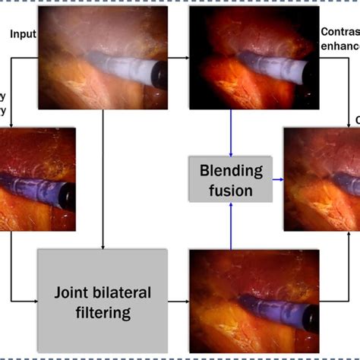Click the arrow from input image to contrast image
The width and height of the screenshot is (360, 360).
coord(178,57)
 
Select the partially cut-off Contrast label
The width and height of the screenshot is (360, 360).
coord(339,33)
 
